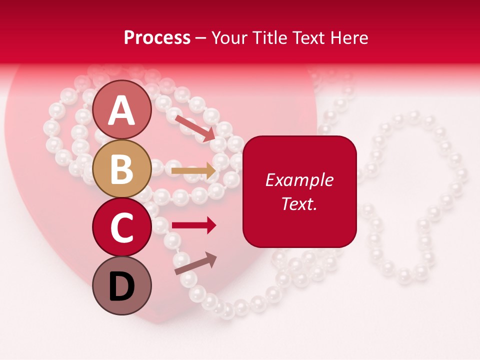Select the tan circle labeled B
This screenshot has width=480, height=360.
point(121,168)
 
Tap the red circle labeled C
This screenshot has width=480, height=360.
point(121,227)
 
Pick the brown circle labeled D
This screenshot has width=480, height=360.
point(121,285)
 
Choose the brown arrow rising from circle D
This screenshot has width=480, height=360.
point(195,263)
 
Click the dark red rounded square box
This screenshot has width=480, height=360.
point(299,191)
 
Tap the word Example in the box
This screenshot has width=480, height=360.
point(299,180)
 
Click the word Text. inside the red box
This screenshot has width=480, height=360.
point(299,203)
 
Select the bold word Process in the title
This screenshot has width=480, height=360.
point(157,37)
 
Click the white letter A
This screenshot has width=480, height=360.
point(121,110)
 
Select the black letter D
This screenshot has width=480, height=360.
point(121,286)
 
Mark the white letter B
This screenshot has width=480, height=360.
point(121,169)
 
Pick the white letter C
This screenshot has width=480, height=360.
point(121,227)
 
